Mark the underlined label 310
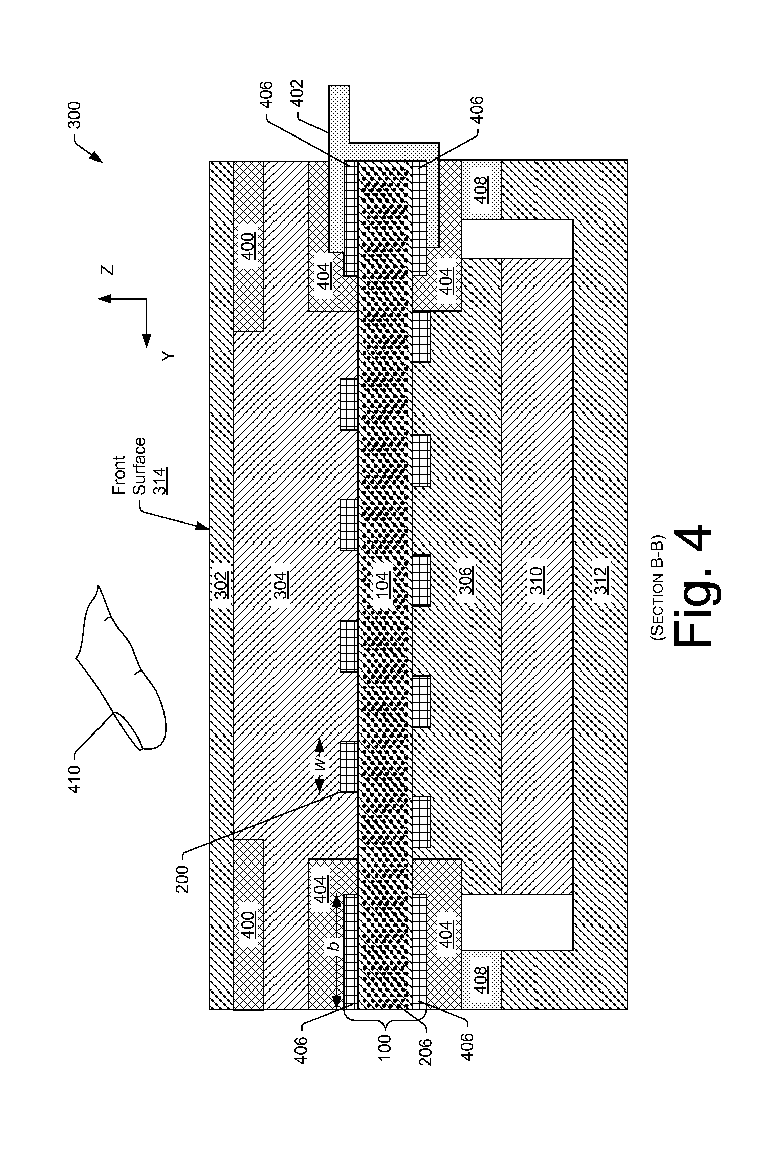(x=537, y=580)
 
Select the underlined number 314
(x=160, y=482)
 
